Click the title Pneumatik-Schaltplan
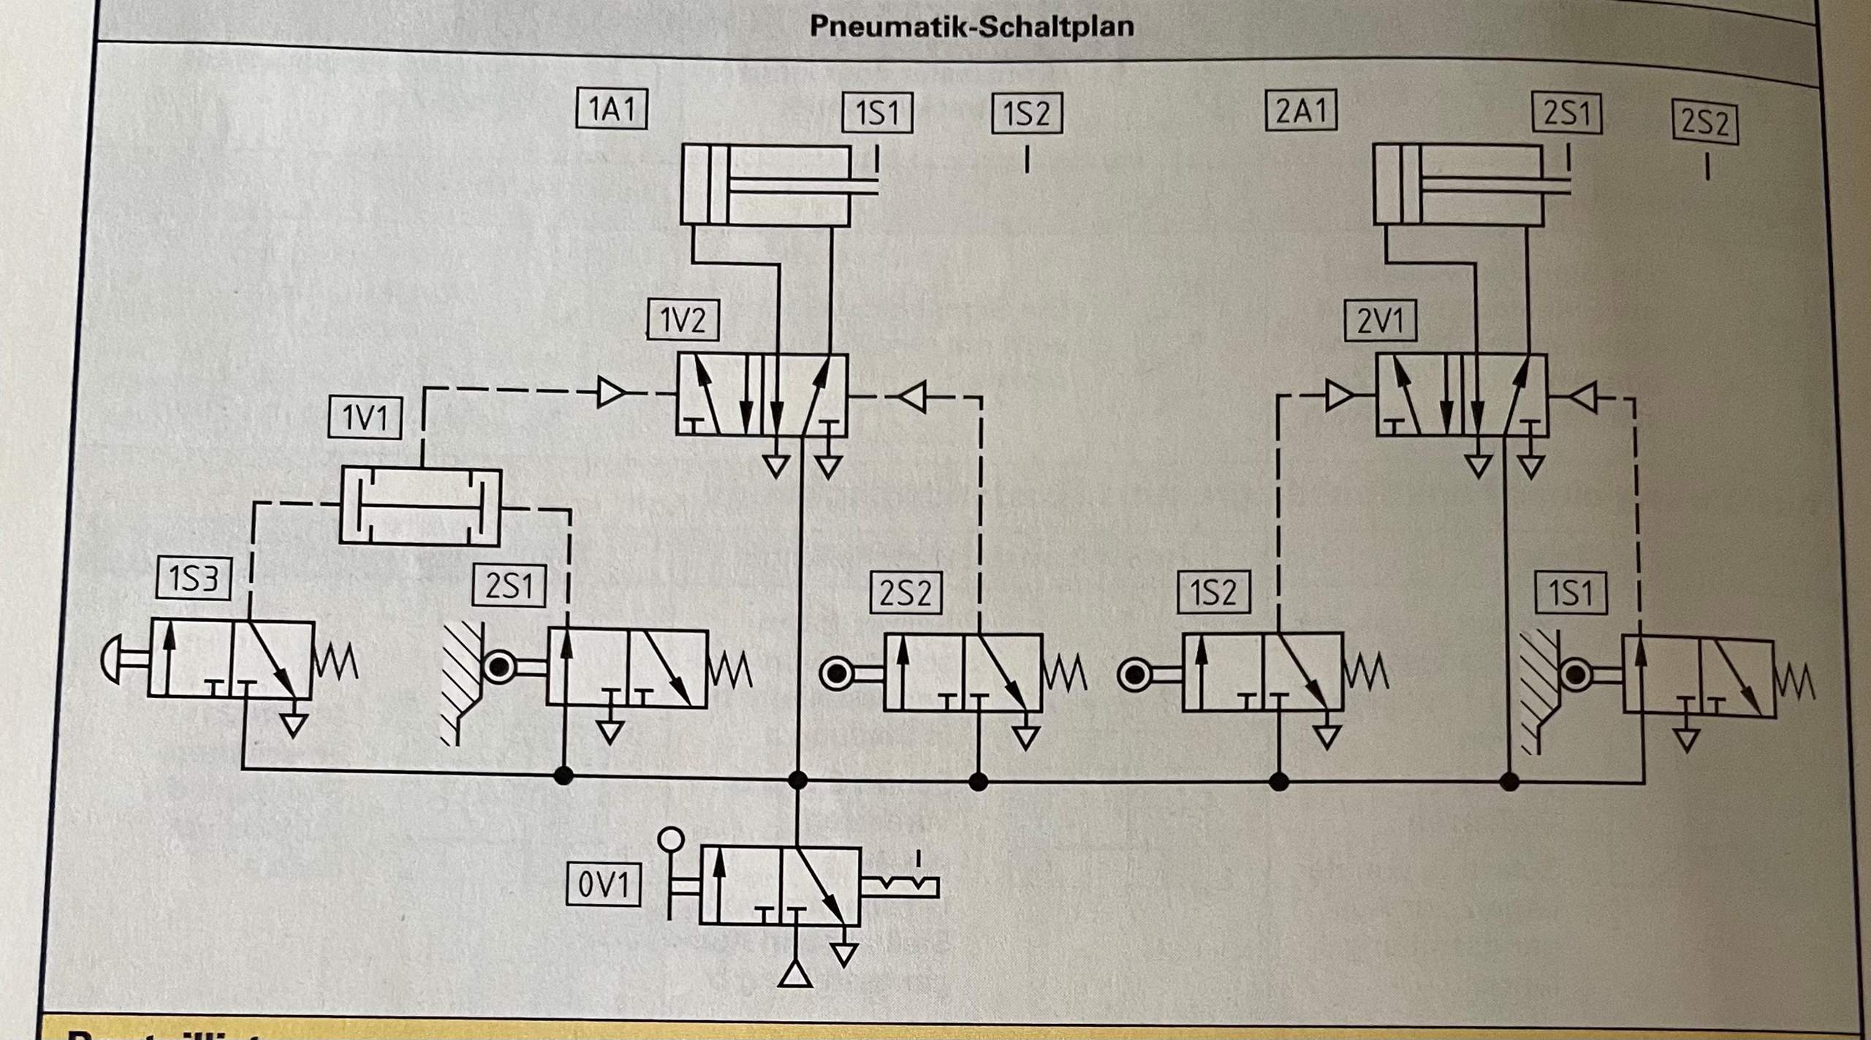tap(971, 26)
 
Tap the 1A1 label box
tap(612, 110)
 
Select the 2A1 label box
tap(1301, 111)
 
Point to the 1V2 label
tap(683, 320)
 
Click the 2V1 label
tap(1381, 322)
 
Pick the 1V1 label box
tap(365, 418)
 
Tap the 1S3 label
tap(194, 580)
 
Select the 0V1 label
tap(604, 886)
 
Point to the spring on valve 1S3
tap(335, 661)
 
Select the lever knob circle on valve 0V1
tap(671, 839)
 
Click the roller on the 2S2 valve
tap(836, 673)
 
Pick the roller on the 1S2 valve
tap(1134, 675)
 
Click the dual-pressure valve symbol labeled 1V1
tap(420, 506)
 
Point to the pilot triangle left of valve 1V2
tap(611, 393)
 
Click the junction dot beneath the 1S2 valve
tap(1278, 781)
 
